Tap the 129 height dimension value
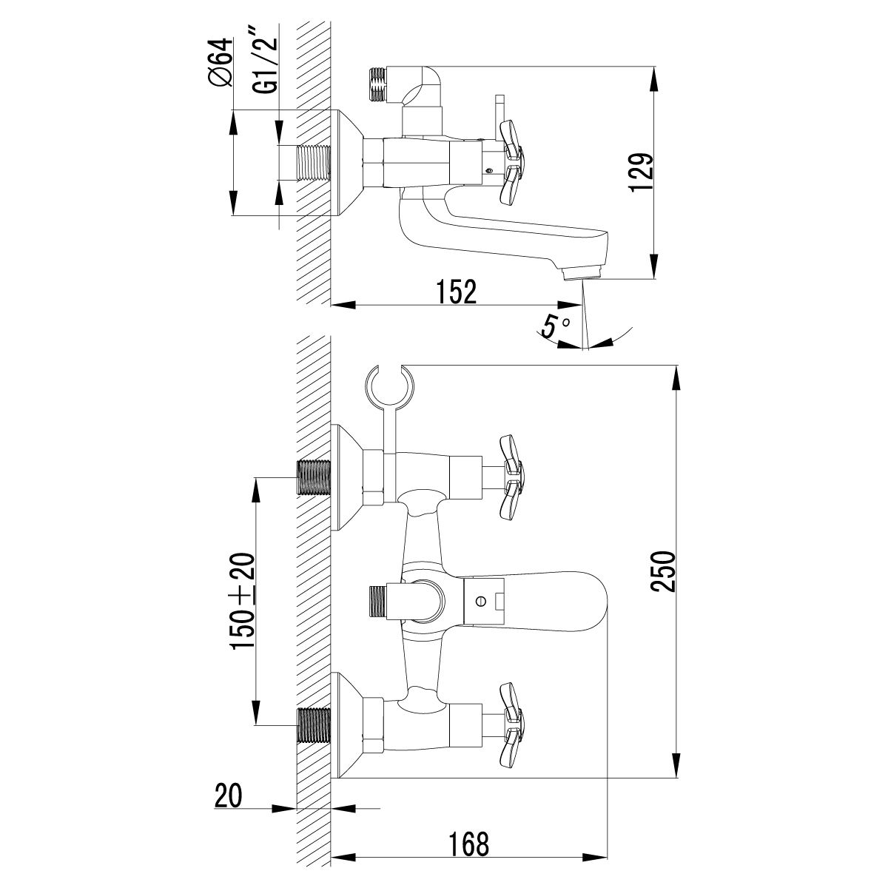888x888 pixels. pos(641,173)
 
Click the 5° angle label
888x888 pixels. pos(554,326)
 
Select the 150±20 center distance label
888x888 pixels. pos(244,601)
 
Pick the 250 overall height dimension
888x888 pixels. pos(662,571)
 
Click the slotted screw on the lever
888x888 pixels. pos(482,602)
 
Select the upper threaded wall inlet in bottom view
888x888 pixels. pos(312,478)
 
